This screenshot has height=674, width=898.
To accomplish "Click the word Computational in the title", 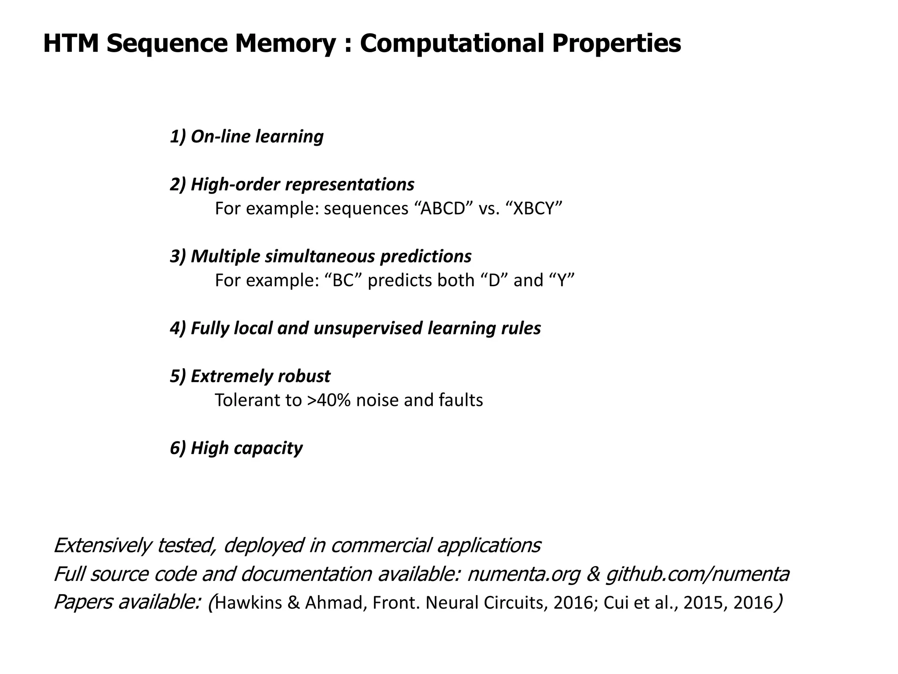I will (451, 43).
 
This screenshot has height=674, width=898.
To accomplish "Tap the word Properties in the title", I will (616, 43).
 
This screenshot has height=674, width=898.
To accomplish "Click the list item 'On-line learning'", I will (246, 136).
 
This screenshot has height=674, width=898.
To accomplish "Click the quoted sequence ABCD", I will (443, 208).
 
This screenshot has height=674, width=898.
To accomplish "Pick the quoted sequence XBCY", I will (537, 208).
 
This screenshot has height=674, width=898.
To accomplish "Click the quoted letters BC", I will (343, 280).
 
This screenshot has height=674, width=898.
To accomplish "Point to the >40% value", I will (329, 400).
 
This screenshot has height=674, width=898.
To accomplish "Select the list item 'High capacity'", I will (236, 448).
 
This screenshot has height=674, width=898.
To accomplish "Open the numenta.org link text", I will (524, 574).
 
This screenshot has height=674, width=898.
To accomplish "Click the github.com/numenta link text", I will (697, 574).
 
